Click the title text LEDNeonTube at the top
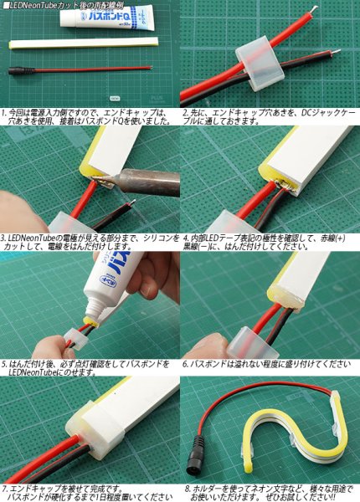coord(37,5)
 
